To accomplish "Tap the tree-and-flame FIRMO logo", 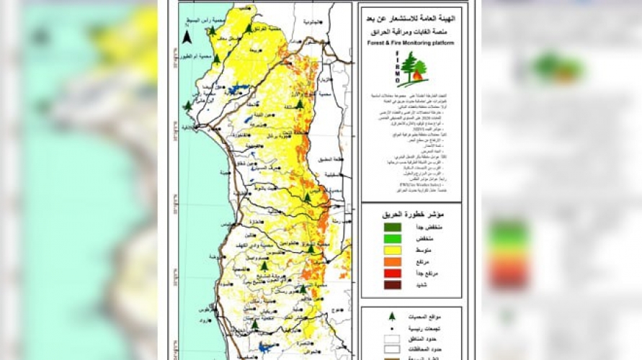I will pyautogui.click(x=414, y=69).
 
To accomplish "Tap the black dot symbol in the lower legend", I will pyautogui.click(x=392, y=325).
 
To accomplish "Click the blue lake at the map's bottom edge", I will pyautogui.click(x=264, y=348).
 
